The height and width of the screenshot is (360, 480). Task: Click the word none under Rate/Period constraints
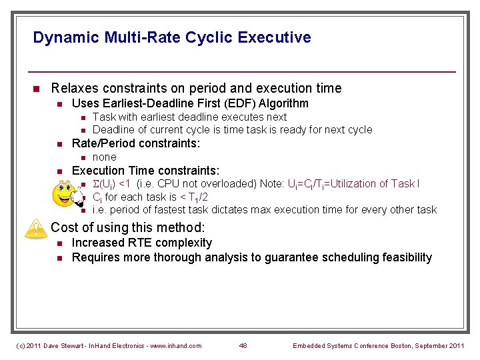pyautogui.click(x=104, y=157)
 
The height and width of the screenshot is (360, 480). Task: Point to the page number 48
pyautogui.click(x=244, y=345)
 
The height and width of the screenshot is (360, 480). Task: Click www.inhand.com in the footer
pyautogui.click(x=175, y=345)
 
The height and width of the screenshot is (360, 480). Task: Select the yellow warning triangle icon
pyautogui.click(x=34, y=229)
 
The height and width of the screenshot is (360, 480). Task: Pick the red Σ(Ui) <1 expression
pyautogui.click(x=111, y=184)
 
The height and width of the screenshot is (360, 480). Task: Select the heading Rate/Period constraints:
pyautogui.click(x=136, y=143)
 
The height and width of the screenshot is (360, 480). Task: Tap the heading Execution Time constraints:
pyautogui.click(x=145, y=171)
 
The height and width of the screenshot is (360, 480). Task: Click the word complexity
pyautogui.click(x=187, y=243)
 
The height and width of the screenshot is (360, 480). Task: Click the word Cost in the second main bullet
pyautogui.click(x=65, y=227)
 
